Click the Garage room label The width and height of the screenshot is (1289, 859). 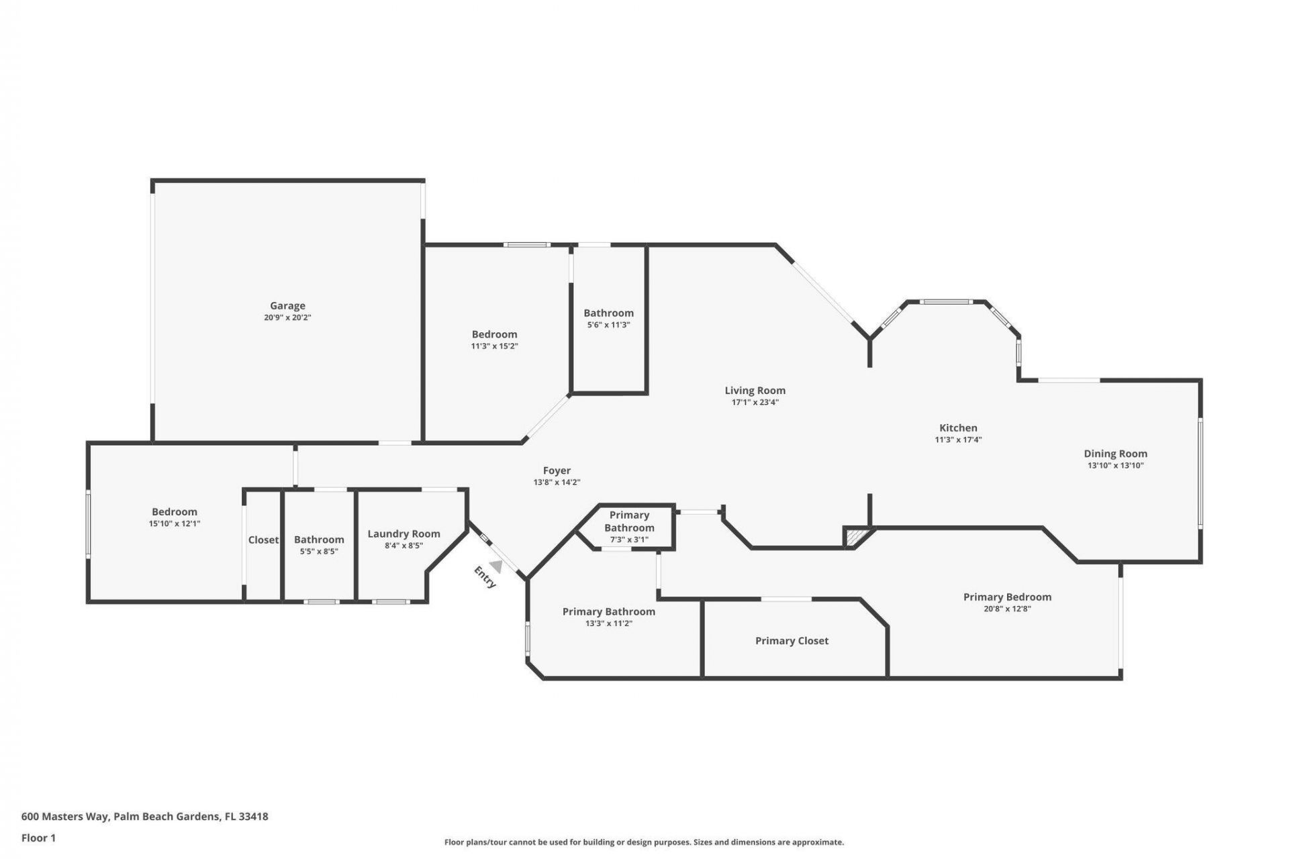tap(287, 306)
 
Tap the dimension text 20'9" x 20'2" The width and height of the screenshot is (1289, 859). tap(287, 318)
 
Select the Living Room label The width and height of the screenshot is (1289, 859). tap(755, 391)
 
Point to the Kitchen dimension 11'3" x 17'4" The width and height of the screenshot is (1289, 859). tap(958, 440)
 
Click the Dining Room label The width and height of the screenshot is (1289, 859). tap(1115, 454)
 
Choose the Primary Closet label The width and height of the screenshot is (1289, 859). tap(792, 641)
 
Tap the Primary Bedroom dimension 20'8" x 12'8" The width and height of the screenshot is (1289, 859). tap(1007, 609)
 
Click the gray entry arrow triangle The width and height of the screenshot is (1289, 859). tap(496, 566)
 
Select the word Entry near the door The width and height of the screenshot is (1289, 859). tap(485, 577)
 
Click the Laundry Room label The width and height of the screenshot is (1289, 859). tap(403, 534)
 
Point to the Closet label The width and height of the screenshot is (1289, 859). tap(263, 540)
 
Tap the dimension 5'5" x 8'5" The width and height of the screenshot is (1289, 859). tap(319, 552)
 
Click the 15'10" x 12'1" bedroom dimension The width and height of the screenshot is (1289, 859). tap(175, 523)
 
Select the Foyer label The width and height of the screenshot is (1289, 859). tap(557, 471)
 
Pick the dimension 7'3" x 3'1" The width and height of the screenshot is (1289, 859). tap(629, 540)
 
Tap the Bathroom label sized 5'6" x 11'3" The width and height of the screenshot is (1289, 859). tap(608, 313)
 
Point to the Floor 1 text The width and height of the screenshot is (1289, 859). tap(38, 838)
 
